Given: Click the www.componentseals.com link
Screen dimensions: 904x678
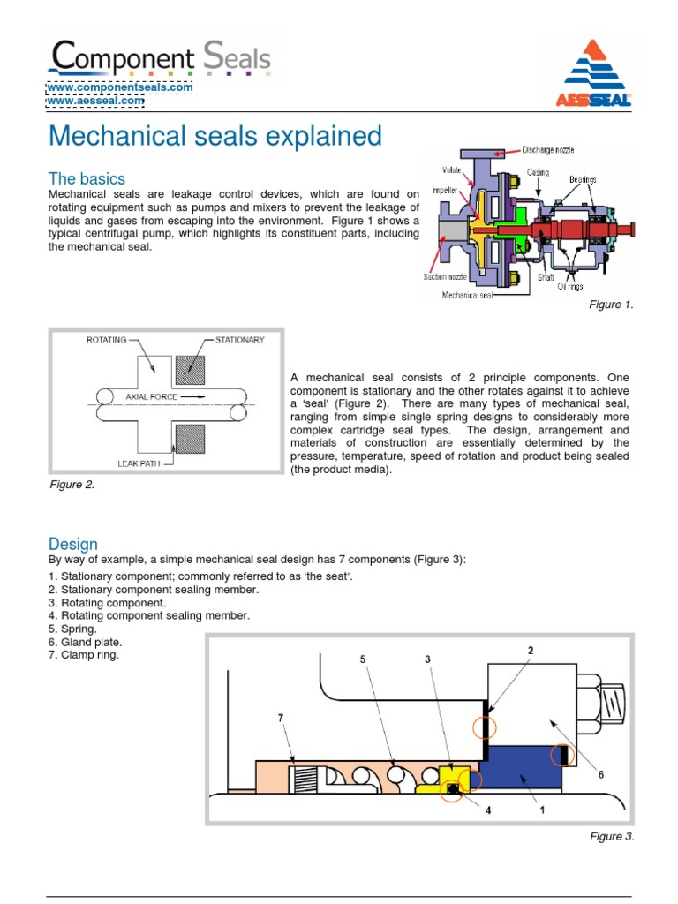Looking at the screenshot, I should tap(119, 87).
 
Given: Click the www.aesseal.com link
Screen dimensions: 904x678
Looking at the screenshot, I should tap(95, 101).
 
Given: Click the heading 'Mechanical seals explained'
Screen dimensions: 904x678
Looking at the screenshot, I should tap(215, 137).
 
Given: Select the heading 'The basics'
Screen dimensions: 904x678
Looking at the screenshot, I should tap(87, 178).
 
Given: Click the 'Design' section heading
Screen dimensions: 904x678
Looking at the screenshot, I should tap(73, 544).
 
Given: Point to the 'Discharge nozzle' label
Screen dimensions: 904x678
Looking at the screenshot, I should tap(554, 149).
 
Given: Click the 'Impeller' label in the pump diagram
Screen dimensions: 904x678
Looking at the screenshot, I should tap(442, 189).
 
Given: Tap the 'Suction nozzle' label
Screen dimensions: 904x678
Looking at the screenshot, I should tap(443, 276).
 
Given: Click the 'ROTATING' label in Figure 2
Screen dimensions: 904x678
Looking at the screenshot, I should tap(106, 339).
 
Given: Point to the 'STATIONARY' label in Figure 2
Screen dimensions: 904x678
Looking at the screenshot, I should tap(239, 339).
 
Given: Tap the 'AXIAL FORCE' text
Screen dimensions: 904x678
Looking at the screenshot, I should tap(152, 397).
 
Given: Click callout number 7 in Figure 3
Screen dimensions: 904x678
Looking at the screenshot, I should tap(281, 719).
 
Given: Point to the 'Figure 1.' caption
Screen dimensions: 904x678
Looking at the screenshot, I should tap(611, 305).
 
